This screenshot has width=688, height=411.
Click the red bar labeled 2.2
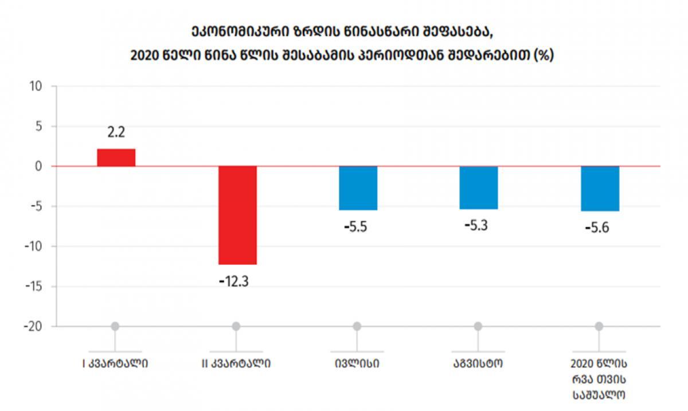coord(116,158)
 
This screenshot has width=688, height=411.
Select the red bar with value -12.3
coord(237,215)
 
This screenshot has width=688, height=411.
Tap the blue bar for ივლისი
coord(358,188)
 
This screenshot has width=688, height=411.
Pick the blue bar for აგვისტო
coord(479,187)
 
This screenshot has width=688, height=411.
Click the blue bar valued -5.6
coord(600,189)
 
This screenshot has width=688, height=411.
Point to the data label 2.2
coord(116,133)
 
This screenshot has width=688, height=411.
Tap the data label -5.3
coord(476,225)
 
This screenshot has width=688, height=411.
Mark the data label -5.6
coord(597,228)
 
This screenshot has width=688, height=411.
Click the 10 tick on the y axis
coord(36,87)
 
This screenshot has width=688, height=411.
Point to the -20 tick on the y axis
coord(33,326)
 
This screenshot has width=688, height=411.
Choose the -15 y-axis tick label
coord(33,287)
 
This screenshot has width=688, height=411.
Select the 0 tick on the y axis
coord(39,166)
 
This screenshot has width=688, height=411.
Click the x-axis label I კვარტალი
coord(115,363)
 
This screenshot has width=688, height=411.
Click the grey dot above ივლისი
coord(357,326)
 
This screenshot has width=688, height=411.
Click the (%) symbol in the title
coord(543,56)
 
